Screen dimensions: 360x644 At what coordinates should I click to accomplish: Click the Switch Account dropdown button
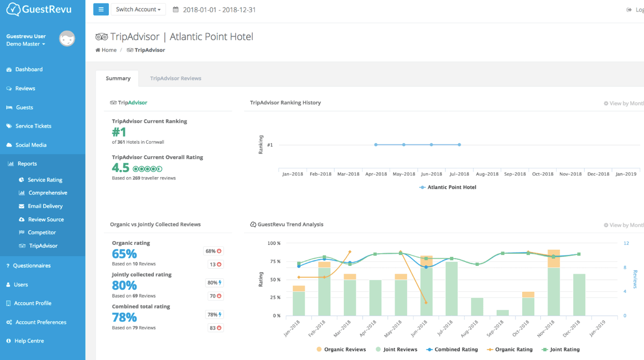pyautogui.click(x=138, y=10)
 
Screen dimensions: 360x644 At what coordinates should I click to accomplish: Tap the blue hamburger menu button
pyautogui.click(x=101, y=10)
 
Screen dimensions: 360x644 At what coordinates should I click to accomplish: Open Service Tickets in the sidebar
pyautogui.click(x=33, y=126)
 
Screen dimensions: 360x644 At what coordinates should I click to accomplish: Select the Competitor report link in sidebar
pyautogui.click(x=42, y=233)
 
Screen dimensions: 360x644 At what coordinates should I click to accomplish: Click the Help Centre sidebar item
pyautogui.click(x=29, y=341)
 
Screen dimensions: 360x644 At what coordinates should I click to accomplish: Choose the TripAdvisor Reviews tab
pyautogui.click(x=175, y=78)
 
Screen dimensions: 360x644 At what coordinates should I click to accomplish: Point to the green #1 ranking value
pyautogui.click(x=119, y=132)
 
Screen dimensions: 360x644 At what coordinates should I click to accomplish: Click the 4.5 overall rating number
pyautogui.click(x=120, y=168)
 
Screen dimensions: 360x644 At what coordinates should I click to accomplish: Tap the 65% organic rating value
pyautogui.click(x=124, y=254)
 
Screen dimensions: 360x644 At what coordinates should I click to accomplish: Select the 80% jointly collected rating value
pyautogui.click(x=124, y=286)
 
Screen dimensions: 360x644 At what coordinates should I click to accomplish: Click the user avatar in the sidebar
pyautogui.click(x=67, y=39)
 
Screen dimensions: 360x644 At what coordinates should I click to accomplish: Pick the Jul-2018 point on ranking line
pyautogui.click(x=459, y=145)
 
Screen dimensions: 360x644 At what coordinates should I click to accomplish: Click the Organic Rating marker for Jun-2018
pyautogui.click(x=426, y=303)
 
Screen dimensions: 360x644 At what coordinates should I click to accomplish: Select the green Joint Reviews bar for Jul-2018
pyautogui.click(x=451, y=289)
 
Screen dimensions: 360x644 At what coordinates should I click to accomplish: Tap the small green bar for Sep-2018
pyautogui.click(x=503, y=313)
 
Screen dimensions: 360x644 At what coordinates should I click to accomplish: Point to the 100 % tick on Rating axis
pyautogui.click(x=274, y=244)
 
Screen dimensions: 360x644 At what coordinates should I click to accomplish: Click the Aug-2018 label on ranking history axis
pyautogui.click(x=487, y=174)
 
